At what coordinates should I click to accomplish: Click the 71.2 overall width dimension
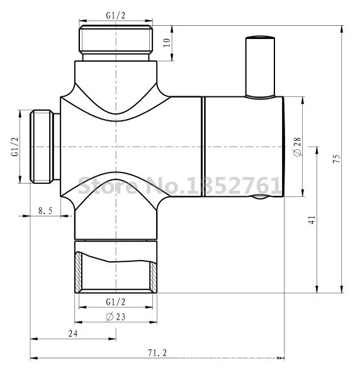[157, 352]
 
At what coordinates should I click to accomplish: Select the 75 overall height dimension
[337, 159]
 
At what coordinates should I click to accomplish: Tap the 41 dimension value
[312, 220]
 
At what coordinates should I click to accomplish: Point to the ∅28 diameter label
[298, 147]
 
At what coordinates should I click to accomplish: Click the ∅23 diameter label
[116, 317]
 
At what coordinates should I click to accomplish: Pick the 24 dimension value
[73, 334]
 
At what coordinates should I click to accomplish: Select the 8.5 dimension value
[45, 211]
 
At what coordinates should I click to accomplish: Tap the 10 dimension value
[167, 42]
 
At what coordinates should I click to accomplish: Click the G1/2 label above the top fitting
[116, 15]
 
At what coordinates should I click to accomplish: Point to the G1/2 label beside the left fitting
[15, 147]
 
